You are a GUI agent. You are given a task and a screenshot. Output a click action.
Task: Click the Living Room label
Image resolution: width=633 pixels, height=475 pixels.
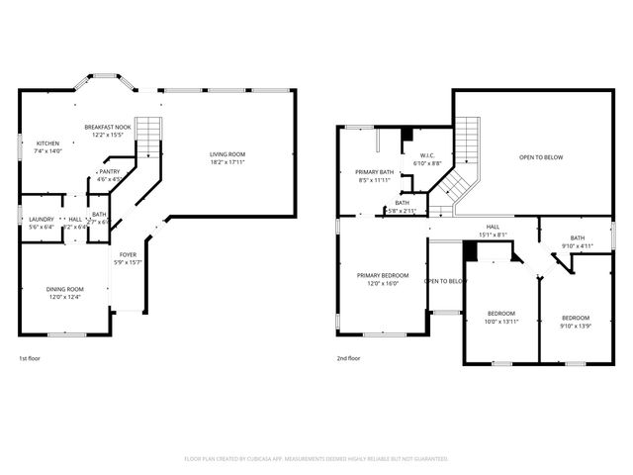(227, 154)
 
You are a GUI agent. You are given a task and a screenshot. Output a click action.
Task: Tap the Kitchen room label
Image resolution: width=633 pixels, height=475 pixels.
(47, 143)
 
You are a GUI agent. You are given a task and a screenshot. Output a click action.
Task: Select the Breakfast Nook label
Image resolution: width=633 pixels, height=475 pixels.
(108, 128)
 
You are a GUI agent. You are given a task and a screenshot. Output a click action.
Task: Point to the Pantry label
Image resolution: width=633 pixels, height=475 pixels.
(110, 172)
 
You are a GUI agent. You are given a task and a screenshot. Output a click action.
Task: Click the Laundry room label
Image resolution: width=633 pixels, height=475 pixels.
(41, 219)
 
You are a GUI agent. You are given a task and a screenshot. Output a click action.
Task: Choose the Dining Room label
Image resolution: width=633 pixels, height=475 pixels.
(63, 289)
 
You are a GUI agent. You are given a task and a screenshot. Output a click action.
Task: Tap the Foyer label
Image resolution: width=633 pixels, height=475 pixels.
(129, 255)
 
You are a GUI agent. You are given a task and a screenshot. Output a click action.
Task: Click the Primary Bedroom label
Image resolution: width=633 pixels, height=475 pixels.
(382, 275)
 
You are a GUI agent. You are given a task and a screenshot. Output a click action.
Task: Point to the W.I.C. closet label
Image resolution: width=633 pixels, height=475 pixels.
(428, 155)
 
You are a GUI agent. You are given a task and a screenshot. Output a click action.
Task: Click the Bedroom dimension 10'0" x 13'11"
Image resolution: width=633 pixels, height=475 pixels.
(501, 321)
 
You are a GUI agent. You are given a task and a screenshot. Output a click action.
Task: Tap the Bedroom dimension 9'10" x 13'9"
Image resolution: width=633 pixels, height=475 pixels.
(576, 325)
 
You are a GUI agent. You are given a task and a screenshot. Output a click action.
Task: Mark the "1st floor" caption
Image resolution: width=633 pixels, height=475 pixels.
(31, 358)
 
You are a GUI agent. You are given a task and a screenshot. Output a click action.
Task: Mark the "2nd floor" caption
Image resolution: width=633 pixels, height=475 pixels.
(349, 358)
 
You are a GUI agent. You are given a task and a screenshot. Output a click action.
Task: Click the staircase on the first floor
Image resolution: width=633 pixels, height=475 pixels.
(147, 136)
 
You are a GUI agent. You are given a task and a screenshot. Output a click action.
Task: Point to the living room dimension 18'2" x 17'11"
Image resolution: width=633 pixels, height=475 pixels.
(227, 162)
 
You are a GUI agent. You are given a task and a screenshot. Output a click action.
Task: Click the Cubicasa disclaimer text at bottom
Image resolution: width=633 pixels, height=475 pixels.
(316, 458)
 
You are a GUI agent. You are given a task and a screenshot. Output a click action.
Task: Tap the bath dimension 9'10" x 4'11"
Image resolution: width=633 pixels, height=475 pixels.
(577, 245)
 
